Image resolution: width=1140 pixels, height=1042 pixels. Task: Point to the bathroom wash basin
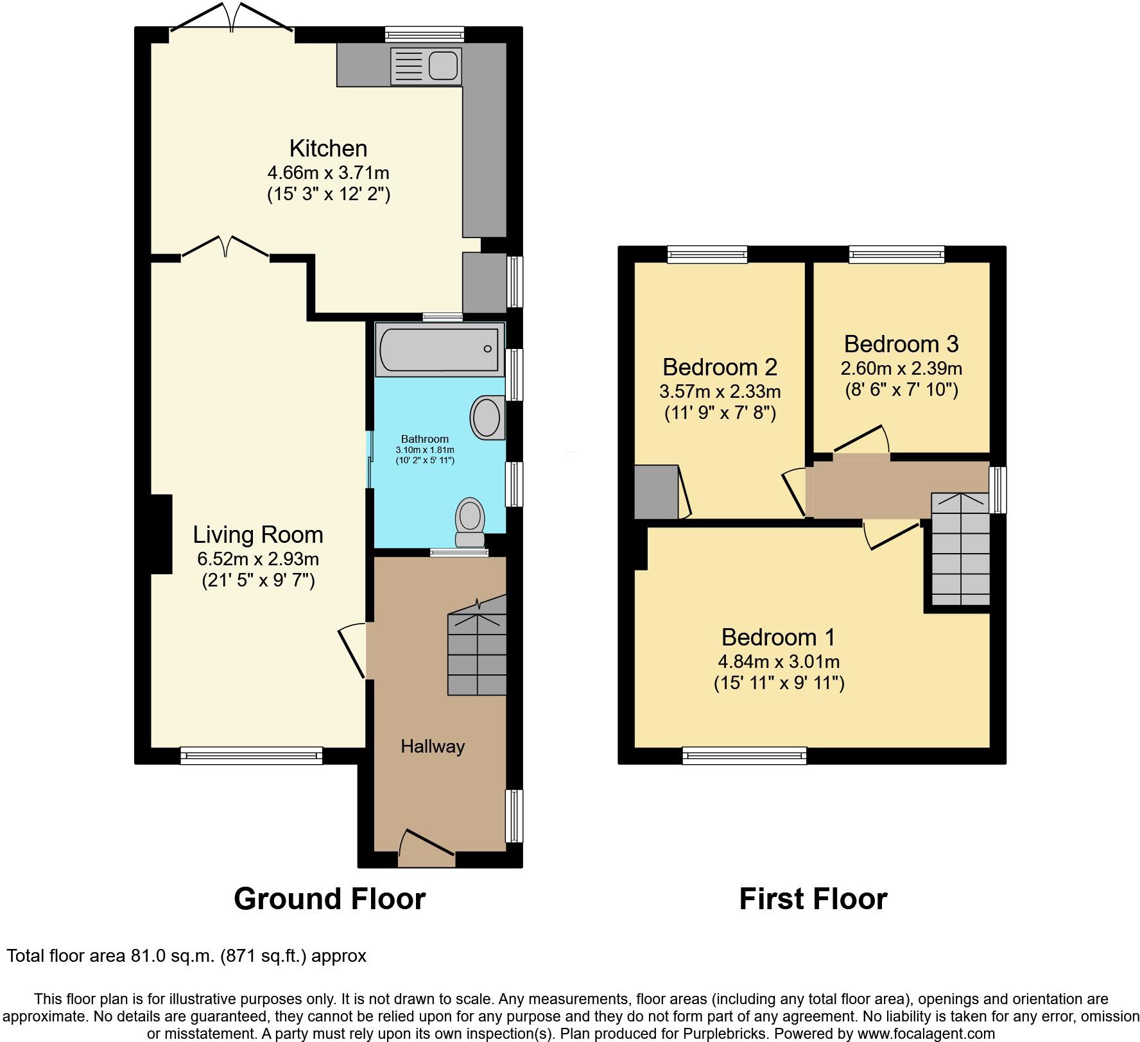pyautogui.click(x=486, y=418)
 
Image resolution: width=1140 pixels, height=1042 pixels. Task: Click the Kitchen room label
pyautogui.click(x=328, y=148)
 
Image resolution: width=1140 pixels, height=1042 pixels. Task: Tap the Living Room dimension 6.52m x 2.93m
pyautogui.click(x=258, y=559)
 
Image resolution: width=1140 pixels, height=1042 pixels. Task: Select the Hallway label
pyautogui.click(x=433, y=746)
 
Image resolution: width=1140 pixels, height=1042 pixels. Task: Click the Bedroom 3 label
pyautogui.click(x=901, y=344)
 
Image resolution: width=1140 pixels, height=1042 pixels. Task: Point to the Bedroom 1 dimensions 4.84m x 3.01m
pyautogui.click(x=779, y=662)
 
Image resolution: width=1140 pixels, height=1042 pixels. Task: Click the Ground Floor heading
pyautogui.click(x=329, y=899)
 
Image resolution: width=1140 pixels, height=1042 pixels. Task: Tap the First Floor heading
pyautogui.click(x=813, y=899)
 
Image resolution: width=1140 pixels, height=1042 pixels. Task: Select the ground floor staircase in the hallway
pyautogui.click(x=477, y=654)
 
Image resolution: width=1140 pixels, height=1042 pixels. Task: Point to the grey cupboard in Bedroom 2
pyautogui.click(x=656, y=492)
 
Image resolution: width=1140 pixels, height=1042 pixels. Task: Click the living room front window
pyautogui.click(x=251, y=756)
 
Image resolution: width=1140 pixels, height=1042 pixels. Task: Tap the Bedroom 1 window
pyautogui.click(x=744, y=756)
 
